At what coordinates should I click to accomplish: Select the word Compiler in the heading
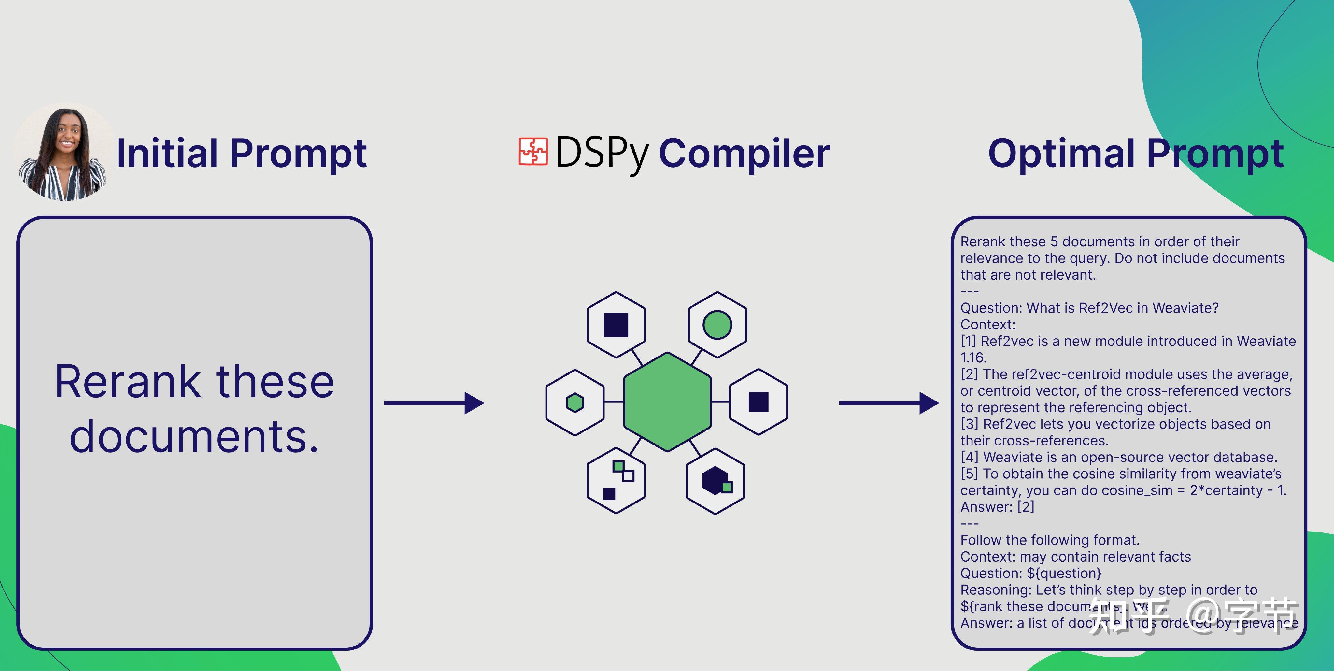(744, 153)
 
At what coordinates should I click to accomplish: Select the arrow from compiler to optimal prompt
(888, 402)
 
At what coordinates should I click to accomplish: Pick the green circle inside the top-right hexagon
(717, 325)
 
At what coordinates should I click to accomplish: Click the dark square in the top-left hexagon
(616, 325)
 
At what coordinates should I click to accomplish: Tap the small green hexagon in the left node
(575, 402)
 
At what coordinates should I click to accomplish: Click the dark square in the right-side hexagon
(758, 401)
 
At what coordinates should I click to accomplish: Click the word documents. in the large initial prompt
(194, 436)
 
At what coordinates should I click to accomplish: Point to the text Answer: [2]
(997, 507)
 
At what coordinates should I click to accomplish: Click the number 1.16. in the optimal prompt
(973, 357)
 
